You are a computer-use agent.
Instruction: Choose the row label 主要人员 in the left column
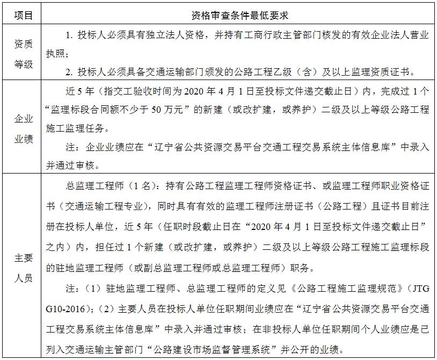23,267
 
